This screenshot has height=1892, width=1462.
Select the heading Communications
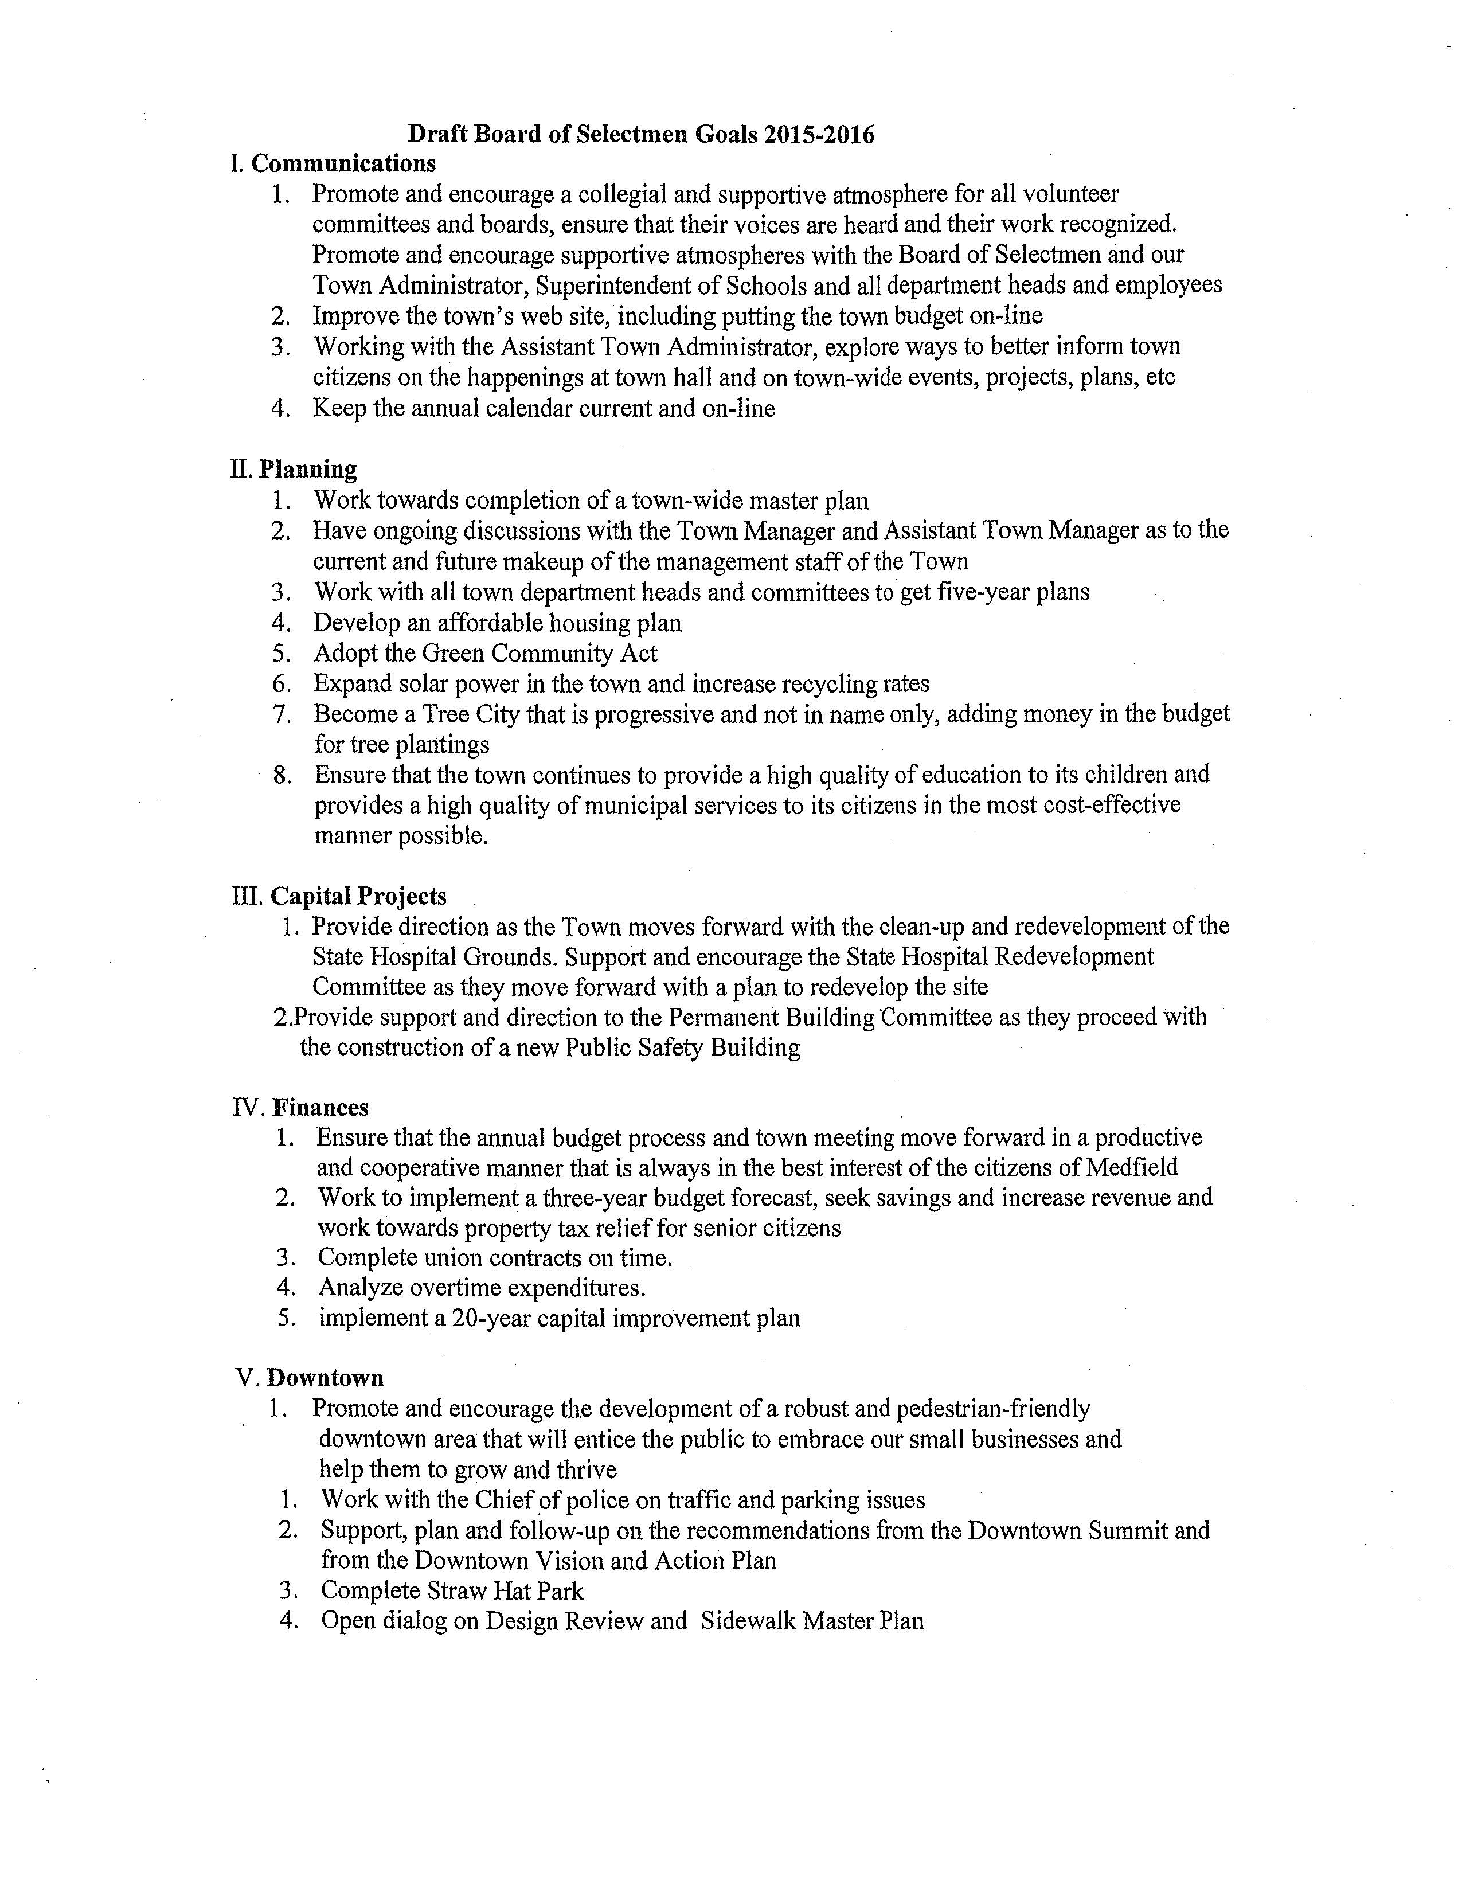pos(344,164)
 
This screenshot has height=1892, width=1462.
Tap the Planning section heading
pos(308,470)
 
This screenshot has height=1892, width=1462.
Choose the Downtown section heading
pos(326,1378)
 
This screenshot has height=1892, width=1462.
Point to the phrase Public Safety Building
pos(682,1047)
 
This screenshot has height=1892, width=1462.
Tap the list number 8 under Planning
pos(282,775)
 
